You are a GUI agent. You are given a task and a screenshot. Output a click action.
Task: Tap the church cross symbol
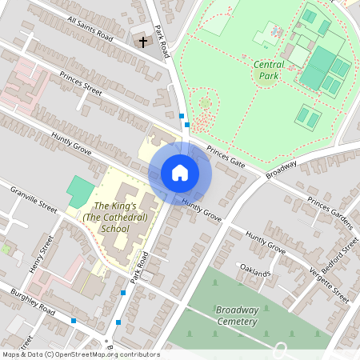tap(144, 41)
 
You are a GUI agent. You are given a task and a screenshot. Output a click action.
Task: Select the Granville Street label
tap(34, 199)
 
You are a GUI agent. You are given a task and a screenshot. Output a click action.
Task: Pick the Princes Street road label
tap(81, 86)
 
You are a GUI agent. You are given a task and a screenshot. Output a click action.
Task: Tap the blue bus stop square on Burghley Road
tap(74, 320)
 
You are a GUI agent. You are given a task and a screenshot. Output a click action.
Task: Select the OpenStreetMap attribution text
tap(81, 354)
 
